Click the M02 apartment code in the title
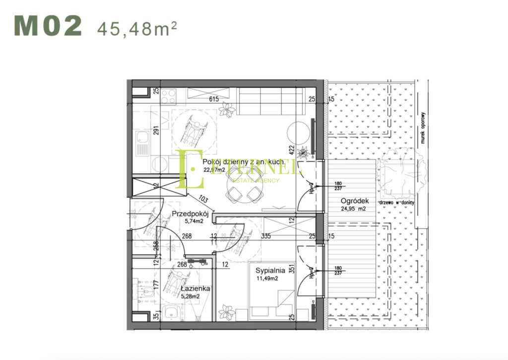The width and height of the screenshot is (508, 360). tap(48, 26)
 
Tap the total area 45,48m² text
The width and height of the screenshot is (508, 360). tap(137, 28)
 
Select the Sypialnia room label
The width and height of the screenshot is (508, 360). tap(270, 271)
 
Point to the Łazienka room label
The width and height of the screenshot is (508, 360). tap(195, 289)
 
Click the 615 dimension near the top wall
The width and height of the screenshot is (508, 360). tap(214, 99)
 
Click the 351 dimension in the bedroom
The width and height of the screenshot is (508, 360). tap(292, 271)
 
